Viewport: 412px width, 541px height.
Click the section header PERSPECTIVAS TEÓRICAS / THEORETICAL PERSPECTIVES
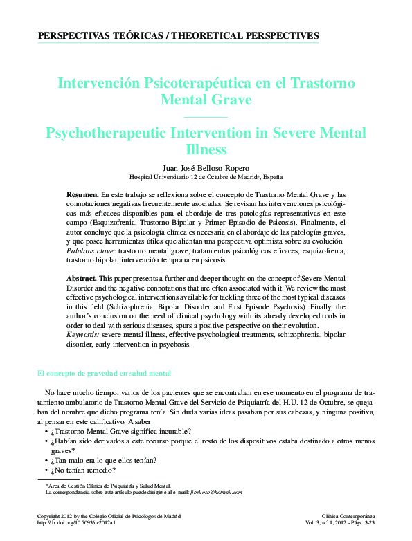point(178,35)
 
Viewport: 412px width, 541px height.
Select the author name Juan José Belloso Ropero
point(205,167)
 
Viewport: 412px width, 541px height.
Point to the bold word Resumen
point(82,196)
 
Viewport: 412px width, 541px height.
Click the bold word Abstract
point(82,277)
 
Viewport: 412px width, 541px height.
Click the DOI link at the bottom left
point(75,523)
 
